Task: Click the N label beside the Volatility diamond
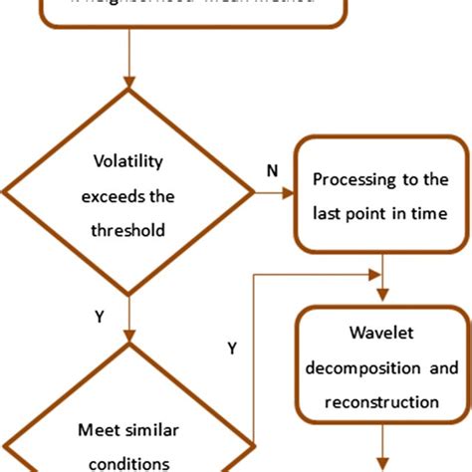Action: coord(271,171)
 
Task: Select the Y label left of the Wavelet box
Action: coord(232,350)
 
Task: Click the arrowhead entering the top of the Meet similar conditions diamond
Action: coord(129,334)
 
